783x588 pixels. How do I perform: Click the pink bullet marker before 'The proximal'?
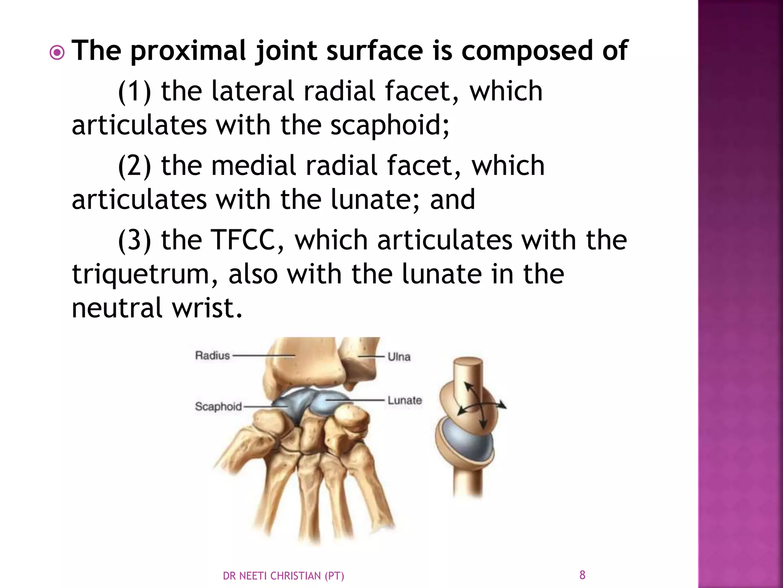point(57,53)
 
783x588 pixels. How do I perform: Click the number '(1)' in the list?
point(134,91)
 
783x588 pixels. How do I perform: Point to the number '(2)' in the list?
point(134,165)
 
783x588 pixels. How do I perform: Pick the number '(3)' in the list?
point(134,240)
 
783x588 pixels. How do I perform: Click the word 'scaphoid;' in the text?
point(390,125)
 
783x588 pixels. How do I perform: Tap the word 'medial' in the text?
point(253,165)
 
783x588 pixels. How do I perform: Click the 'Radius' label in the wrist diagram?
point(213,356)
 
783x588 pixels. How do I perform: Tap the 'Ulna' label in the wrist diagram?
point(399,357)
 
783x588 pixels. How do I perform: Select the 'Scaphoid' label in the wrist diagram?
point(218,406)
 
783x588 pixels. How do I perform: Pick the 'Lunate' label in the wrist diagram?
point(404,400)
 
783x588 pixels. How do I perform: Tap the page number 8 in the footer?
point(582,575)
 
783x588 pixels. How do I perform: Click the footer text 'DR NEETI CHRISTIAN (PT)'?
point(283,576)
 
